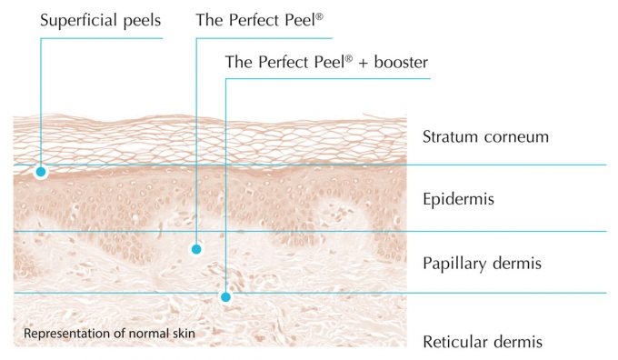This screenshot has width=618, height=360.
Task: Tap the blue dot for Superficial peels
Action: pos(40,171)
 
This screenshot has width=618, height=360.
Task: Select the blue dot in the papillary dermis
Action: pos(196,248)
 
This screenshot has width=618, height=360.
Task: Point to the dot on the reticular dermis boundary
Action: pos(225,296)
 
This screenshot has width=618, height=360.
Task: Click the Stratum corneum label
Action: pos(486,137)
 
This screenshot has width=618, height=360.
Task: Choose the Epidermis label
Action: pos(459,198)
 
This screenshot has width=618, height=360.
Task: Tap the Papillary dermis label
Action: pos(483,265)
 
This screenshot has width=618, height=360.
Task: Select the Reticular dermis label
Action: pos(483,342)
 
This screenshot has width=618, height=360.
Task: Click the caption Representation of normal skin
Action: pos(109,334)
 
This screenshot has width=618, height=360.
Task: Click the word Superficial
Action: pos(78,19)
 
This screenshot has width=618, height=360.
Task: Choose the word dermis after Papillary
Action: pos(518,265)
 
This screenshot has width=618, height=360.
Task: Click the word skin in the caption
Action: pos(182,334)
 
